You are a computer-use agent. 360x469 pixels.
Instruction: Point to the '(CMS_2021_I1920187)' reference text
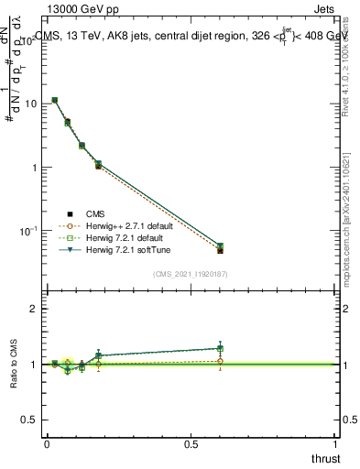point(191,274)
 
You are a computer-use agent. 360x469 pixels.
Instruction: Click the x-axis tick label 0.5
point(191,443)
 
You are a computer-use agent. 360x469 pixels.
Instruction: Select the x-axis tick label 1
point(335,443)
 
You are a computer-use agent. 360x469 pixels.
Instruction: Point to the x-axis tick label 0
point(47,443)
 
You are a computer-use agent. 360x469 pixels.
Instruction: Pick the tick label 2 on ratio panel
point(33,310)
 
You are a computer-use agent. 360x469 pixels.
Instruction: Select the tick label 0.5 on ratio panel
point(29,420)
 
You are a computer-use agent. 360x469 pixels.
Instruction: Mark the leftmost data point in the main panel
point(55,100)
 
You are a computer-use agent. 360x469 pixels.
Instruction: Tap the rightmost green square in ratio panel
point(220,349)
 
